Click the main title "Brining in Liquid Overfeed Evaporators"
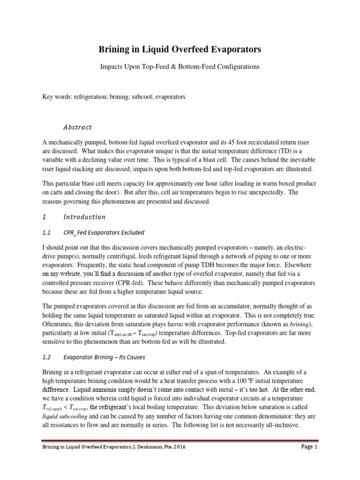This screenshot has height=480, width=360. tap(180, 49)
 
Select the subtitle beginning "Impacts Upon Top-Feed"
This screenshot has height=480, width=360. tap(180, 67)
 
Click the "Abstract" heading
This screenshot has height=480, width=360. tap(77, 127)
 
